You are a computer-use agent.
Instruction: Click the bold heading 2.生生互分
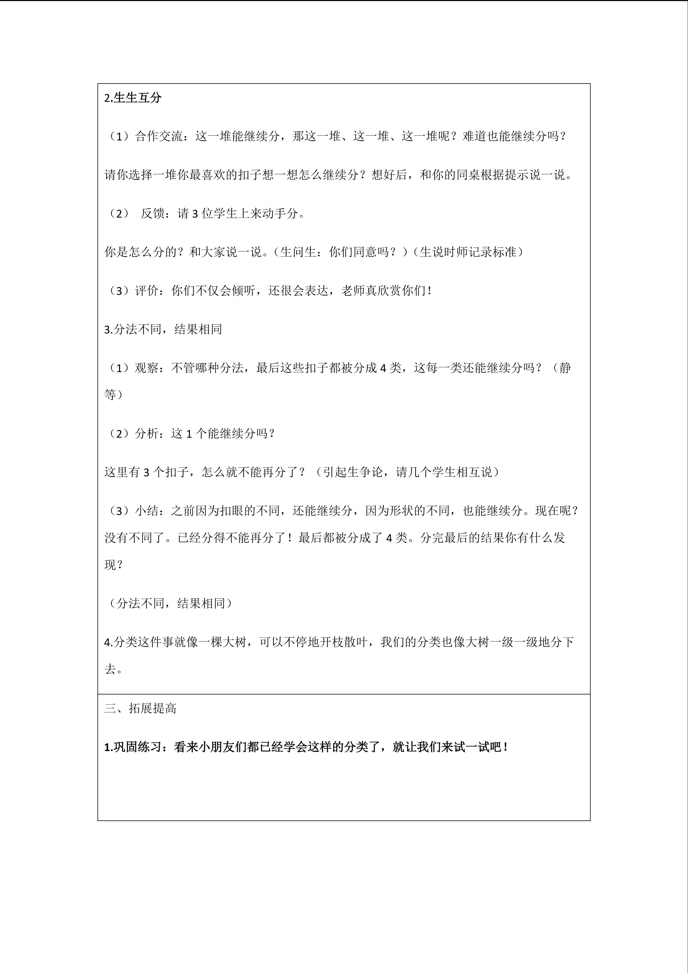point(133,98)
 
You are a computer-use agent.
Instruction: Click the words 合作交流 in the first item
point(159,136)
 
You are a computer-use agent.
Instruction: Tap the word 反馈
point(153,214)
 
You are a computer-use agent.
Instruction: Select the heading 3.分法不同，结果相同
point(163,329)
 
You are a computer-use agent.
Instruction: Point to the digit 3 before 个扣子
point(146,472)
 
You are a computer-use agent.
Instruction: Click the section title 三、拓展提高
point(140,708)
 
